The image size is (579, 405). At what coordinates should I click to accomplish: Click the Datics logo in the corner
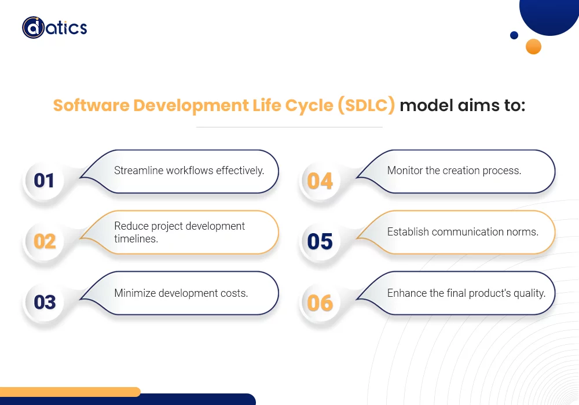coord(54,27)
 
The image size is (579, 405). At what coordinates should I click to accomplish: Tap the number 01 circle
coord(44,181)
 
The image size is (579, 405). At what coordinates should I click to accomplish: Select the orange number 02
coord(45,241)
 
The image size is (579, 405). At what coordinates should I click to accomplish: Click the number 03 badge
coord(45,302)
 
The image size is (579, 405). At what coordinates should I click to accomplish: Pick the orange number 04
coord(320,181)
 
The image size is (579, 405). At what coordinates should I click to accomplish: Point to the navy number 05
coord(320,241)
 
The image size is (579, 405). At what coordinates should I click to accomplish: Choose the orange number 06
coord(320,303)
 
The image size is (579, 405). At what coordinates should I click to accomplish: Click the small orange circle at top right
coord(533,46)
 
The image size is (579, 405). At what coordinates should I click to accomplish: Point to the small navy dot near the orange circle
coord(514,35)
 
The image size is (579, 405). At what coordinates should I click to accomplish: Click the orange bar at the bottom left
coord(69,392)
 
